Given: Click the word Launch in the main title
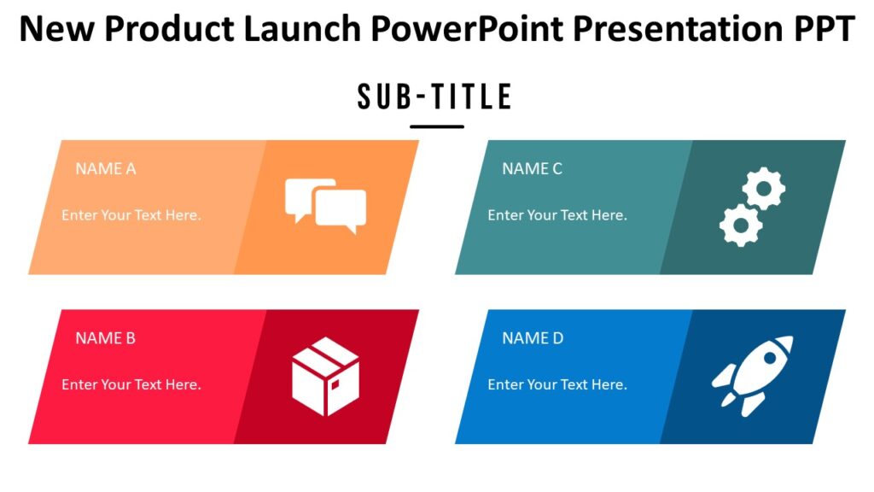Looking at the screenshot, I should [x=303, y=30].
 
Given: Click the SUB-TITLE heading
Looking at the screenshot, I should [x=435, y=97].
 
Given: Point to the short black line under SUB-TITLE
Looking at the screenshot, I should [x=436, y=126].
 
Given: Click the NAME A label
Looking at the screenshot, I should [x=106, y=168].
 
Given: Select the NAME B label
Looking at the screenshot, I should [x=106, y=337].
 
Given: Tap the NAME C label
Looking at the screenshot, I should [x=532, y=168].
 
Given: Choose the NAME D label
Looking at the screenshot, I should [x=533, y=337].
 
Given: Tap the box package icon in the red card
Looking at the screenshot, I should [x=325, y=377].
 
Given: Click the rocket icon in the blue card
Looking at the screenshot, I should [x=752, y=375].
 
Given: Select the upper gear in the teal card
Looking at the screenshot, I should [x=764, y=188].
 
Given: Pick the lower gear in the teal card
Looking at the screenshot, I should [x=740, y=225].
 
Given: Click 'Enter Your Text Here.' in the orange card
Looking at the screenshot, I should [x=131, y=215].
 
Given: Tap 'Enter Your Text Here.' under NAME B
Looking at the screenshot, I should [x=131, y=384].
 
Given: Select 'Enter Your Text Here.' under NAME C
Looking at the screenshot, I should [x=557, y=215].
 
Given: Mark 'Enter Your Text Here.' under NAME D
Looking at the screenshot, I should [x=557, y=384].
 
